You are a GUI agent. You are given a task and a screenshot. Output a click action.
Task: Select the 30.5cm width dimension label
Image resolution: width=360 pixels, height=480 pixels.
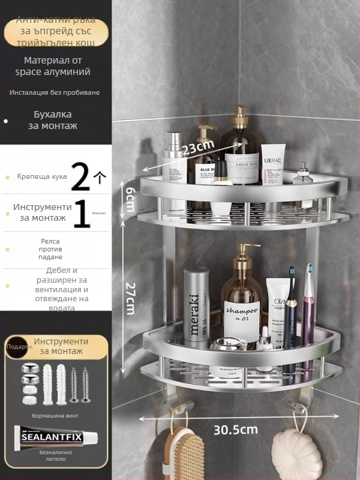click(236, 430)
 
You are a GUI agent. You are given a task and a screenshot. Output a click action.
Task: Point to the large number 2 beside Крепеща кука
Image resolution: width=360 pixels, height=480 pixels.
click(81, 176)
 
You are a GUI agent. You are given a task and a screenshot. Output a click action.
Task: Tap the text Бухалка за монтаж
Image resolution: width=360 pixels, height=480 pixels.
click(53, 120)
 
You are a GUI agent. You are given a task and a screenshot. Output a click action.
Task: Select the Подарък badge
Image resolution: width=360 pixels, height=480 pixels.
click(17, 347)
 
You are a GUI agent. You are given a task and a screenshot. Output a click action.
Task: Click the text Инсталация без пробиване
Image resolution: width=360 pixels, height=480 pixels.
click(55, 92)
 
